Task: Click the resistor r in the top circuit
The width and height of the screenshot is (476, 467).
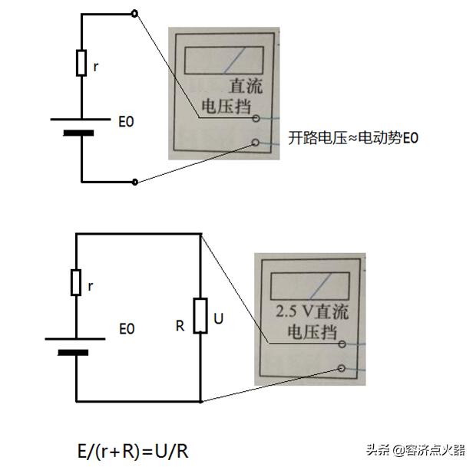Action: point(81,64)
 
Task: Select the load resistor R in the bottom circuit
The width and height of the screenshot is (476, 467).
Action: point(200,315)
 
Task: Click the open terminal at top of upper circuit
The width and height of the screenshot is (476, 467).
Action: point(135,13)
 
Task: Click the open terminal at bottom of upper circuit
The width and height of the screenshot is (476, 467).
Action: point(135,182)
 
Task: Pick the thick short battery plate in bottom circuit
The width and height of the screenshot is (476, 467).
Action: point(75,353)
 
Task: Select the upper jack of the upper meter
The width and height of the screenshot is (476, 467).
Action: point(255,120)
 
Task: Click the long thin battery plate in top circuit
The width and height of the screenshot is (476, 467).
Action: point(80,119)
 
